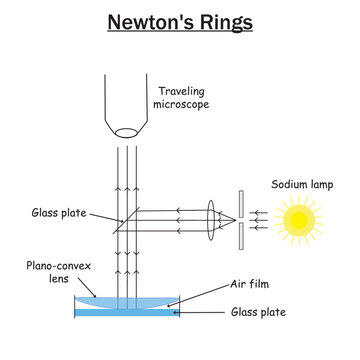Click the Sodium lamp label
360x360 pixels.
pos(300,184)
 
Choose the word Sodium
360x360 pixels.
pos(284,184)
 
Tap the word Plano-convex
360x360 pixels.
pos(48,268)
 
